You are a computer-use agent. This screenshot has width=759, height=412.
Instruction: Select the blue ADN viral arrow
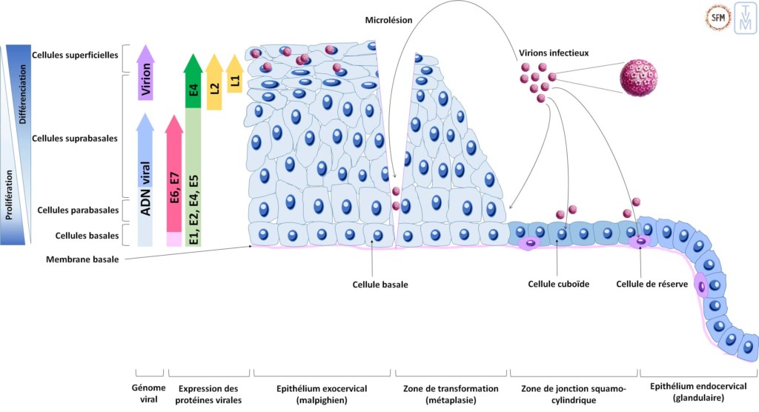pos(146,182)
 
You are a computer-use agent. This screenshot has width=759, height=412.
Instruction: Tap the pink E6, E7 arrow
pos(174,178)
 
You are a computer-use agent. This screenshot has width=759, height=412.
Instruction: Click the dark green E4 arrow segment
pos(193,85)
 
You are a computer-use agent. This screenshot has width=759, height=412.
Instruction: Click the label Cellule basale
pos(381,284)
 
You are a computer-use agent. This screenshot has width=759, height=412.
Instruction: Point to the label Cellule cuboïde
pos(558,284)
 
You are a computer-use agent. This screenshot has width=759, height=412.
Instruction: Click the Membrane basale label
pos(82,259)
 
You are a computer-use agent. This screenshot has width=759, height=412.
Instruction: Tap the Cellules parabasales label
pos(78,210)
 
